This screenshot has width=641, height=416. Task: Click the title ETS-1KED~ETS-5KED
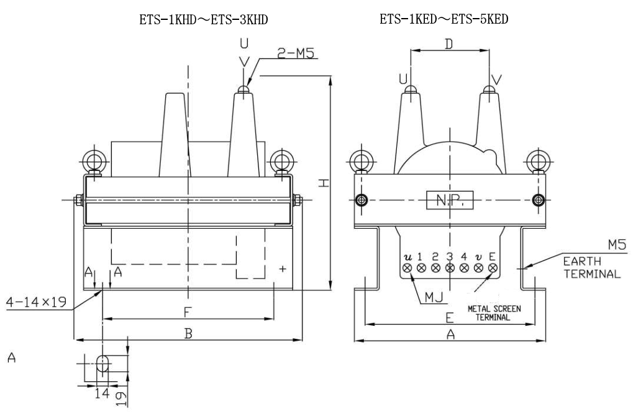tap(443, 20)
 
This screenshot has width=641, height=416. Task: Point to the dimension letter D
tap(449, 44)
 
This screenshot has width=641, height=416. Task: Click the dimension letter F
tap(187, 310)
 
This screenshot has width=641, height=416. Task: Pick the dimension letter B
tap(188, 333)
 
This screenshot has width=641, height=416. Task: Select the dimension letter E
tap(449, 317)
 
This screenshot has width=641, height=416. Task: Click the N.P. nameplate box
tap(449, 200)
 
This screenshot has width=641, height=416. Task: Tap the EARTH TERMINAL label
tap(591, 269)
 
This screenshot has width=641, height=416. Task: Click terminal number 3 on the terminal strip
tap(449, 256)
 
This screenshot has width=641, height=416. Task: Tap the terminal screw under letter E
tap(493, 268)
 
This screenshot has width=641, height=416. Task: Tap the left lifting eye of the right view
tap(360, 161)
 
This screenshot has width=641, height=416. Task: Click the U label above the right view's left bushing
tap(404, 79)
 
